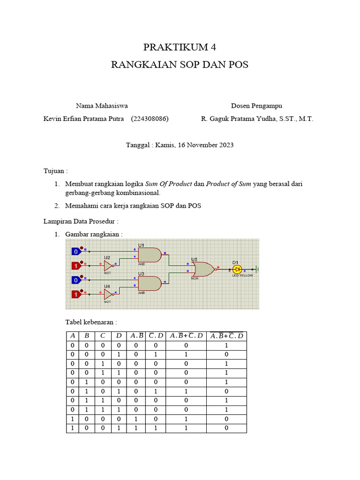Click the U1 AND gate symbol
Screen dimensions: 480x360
150,255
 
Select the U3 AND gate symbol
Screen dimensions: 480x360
150,283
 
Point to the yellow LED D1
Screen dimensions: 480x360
237,270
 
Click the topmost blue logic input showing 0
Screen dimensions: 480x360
76,251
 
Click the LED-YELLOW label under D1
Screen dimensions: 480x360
242,276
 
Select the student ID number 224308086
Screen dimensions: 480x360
150,119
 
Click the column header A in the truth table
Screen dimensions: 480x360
73,336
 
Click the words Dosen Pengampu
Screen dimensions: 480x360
256,106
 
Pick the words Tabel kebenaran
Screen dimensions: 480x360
91,322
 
